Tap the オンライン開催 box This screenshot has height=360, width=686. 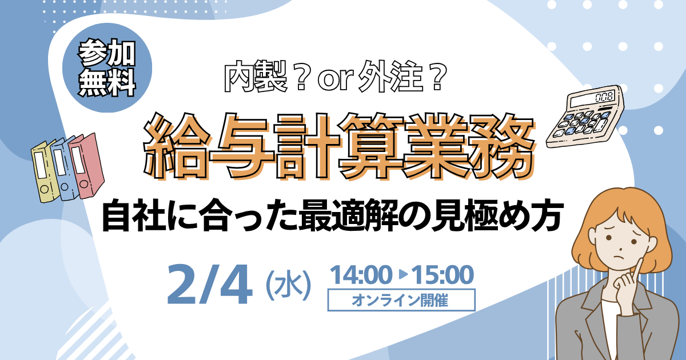click(401, 299)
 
